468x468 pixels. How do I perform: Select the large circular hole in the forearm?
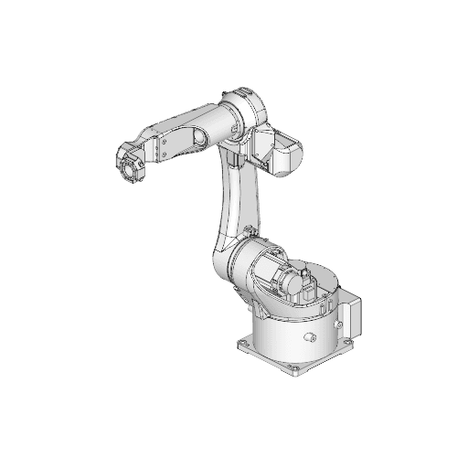point(197,139)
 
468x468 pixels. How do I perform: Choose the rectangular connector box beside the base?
point(353,315)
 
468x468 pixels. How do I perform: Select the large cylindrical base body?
point(292,334)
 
